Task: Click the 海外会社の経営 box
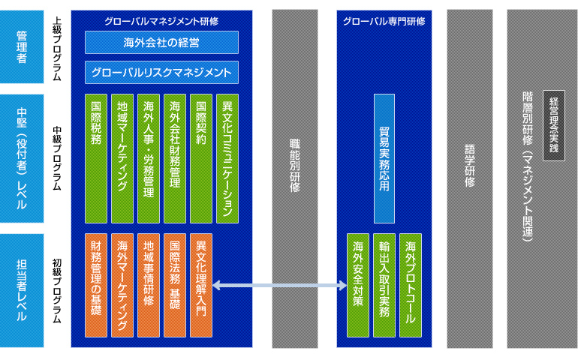161,42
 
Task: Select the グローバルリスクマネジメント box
161,72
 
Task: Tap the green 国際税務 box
96,158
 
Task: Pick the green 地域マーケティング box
122,158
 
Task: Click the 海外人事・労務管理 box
149,158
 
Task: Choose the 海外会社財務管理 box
175,158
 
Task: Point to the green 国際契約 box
201,158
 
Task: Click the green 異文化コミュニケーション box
227,158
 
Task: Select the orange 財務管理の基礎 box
96,285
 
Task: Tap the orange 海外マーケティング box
122,285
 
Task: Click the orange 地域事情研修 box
149,285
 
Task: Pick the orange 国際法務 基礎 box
175,285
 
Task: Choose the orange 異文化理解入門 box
201,285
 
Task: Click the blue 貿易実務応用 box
384,158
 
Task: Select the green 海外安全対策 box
358,285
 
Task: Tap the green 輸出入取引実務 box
384,285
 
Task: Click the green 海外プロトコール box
411,285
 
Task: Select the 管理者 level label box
22,46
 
